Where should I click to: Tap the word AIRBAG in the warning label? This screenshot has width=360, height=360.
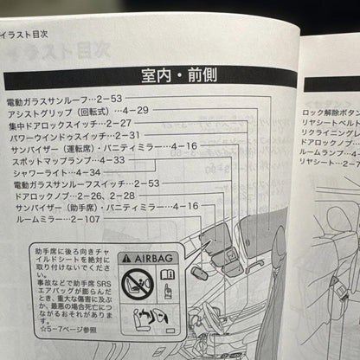coord(155,258)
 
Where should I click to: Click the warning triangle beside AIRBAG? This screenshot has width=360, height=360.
coord(127,258)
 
